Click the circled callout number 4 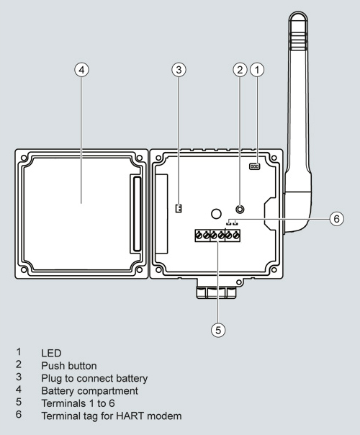(81, 70)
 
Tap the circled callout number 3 (179, 70)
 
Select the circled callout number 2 (240, 70)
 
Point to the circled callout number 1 (257, 70)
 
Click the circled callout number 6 (336, 219)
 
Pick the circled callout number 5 (218, 330)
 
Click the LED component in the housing (255, 166)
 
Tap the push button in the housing (240, 209)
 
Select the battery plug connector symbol (179, 208)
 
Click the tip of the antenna (298, 12)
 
